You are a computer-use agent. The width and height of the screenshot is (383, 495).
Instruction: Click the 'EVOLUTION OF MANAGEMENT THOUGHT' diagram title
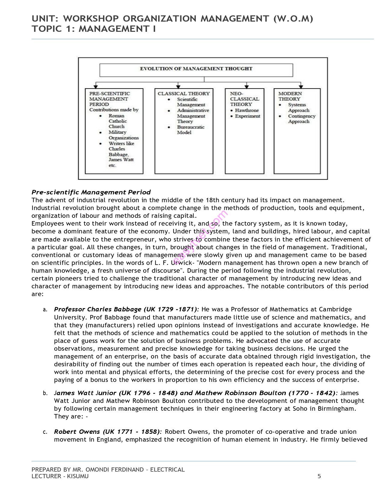[196, 69]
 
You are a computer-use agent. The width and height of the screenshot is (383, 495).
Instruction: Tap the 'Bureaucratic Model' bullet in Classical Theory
[190, 130]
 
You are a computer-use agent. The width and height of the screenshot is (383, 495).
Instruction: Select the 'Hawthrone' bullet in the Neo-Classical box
[247, 110]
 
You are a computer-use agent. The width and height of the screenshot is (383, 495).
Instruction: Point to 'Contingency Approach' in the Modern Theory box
[301, 119]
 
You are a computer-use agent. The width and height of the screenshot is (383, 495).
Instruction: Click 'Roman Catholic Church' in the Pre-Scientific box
[117, 121]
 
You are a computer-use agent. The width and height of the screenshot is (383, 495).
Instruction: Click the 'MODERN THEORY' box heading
[290, 96]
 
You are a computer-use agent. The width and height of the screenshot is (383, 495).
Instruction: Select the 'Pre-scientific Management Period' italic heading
[91, 192]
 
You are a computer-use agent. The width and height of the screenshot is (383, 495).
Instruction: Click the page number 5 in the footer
[319, 476]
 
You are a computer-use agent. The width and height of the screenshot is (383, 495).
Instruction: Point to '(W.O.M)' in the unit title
[293, 19]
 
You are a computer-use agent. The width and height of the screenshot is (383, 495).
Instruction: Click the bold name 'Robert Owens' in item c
[77, 432]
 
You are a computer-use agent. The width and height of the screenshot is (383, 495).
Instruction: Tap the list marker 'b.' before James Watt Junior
[45, 393]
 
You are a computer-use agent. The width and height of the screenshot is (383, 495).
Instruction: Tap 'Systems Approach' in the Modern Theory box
[298, 107]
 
